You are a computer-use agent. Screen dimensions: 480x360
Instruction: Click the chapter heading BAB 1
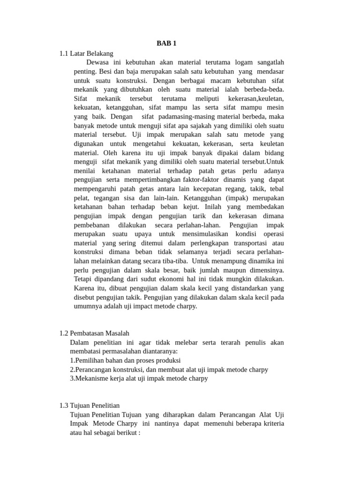(x=166, y=44)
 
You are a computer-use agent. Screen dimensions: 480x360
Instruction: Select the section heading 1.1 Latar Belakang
(x=86, y=53)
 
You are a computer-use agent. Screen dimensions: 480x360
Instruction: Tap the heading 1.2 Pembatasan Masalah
(x=94, y=333)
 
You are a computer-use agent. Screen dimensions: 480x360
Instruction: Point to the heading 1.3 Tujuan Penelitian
(x=90, y=405)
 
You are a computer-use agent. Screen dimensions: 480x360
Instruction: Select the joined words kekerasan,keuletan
(x=256, y=98)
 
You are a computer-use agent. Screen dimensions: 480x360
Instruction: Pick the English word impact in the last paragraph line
(x=141, y=306)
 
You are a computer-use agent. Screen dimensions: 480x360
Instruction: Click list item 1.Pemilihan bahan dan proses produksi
(x=125, y=360)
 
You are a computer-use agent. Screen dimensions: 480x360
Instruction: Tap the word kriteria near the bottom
(x=272, y=424)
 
